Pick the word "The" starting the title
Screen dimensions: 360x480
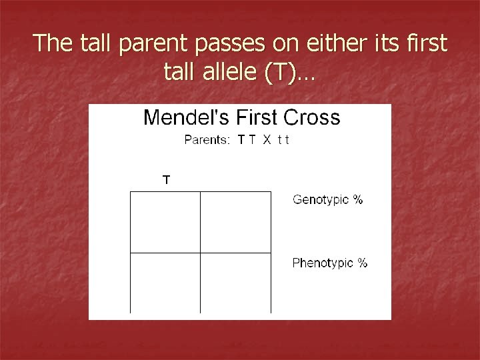click(x=51, y=43)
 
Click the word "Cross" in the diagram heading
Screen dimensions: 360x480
click(x=311, y=118)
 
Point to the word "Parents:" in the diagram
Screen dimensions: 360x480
click(x=207, y=140)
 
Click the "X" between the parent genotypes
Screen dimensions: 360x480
click(x=266, y=140)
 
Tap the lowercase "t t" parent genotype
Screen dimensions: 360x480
click(x=283, y=140)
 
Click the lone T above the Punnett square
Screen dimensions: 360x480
click(x=167, y=179)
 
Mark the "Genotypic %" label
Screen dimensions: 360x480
click(x=328, y=200)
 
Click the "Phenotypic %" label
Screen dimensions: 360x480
click(x=330, y=263)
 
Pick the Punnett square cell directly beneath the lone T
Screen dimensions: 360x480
click(x=165, y=222)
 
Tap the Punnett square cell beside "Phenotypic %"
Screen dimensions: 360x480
click(x=235, y=283)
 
